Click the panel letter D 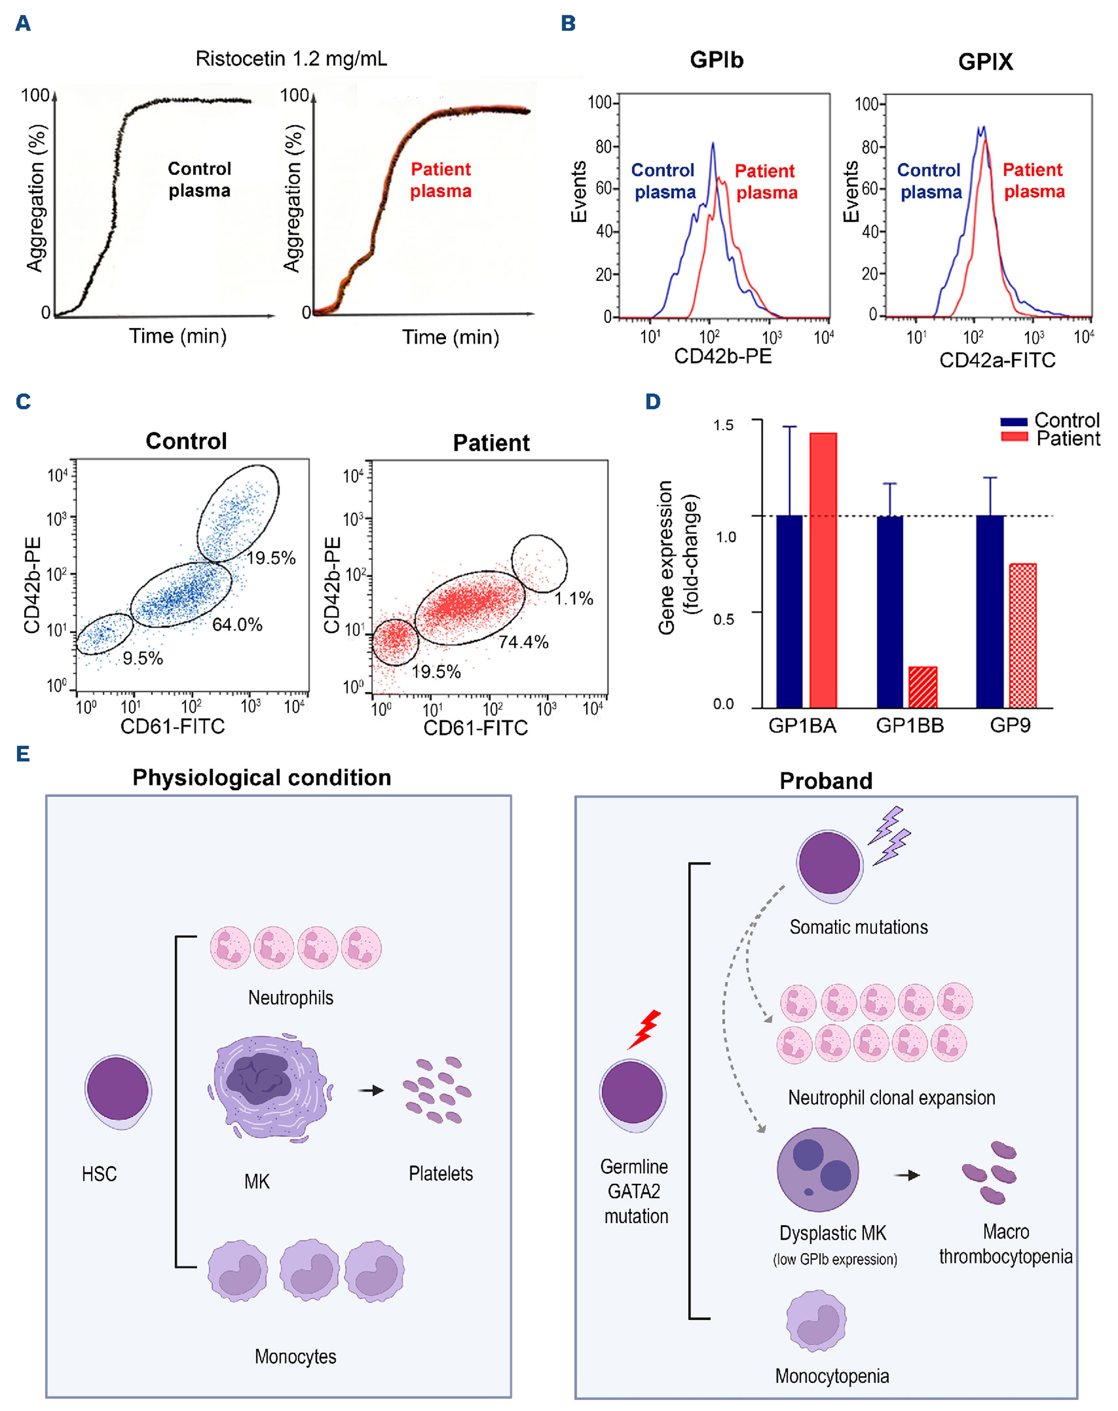653,401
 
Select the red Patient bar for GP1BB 923,686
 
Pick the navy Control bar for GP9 989,611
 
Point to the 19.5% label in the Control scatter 271,559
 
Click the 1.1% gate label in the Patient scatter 574,598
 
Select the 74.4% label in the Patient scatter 523,642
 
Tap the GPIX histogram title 985,62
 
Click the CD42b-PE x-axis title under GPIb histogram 722,356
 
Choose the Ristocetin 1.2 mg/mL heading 291,59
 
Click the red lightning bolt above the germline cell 645,1030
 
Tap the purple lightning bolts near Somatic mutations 889,835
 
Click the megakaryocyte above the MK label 268,1088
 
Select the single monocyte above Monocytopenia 816,1320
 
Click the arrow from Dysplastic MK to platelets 907,1175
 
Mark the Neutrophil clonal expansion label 891,1098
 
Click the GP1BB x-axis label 910,726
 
